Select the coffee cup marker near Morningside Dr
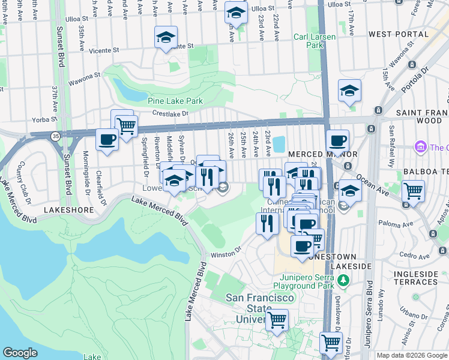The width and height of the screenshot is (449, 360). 107,140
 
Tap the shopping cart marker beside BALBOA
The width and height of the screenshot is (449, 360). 413,191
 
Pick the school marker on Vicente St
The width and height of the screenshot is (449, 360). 165,37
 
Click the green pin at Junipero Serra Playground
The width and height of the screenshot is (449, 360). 343,280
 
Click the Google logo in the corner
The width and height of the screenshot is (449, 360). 20,353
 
